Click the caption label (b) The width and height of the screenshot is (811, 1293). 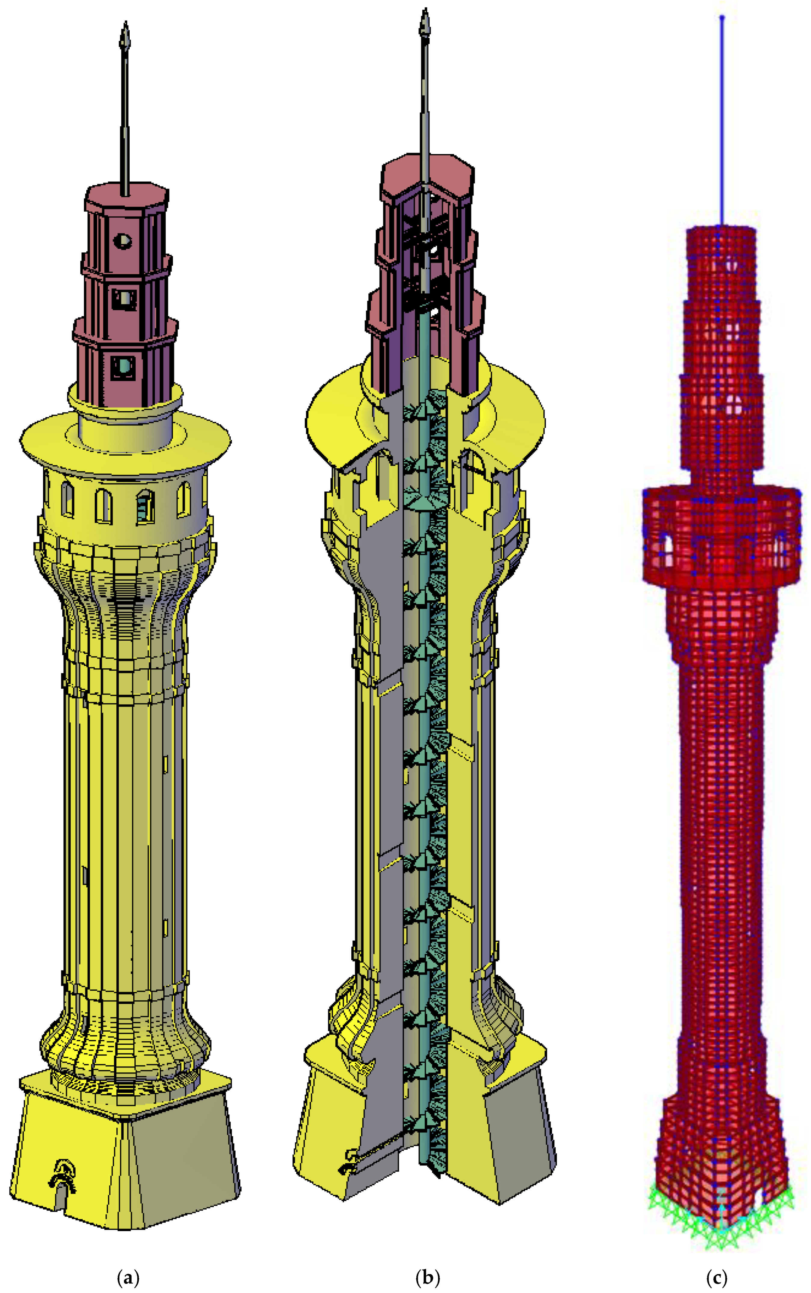[x=427, y=1278]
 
